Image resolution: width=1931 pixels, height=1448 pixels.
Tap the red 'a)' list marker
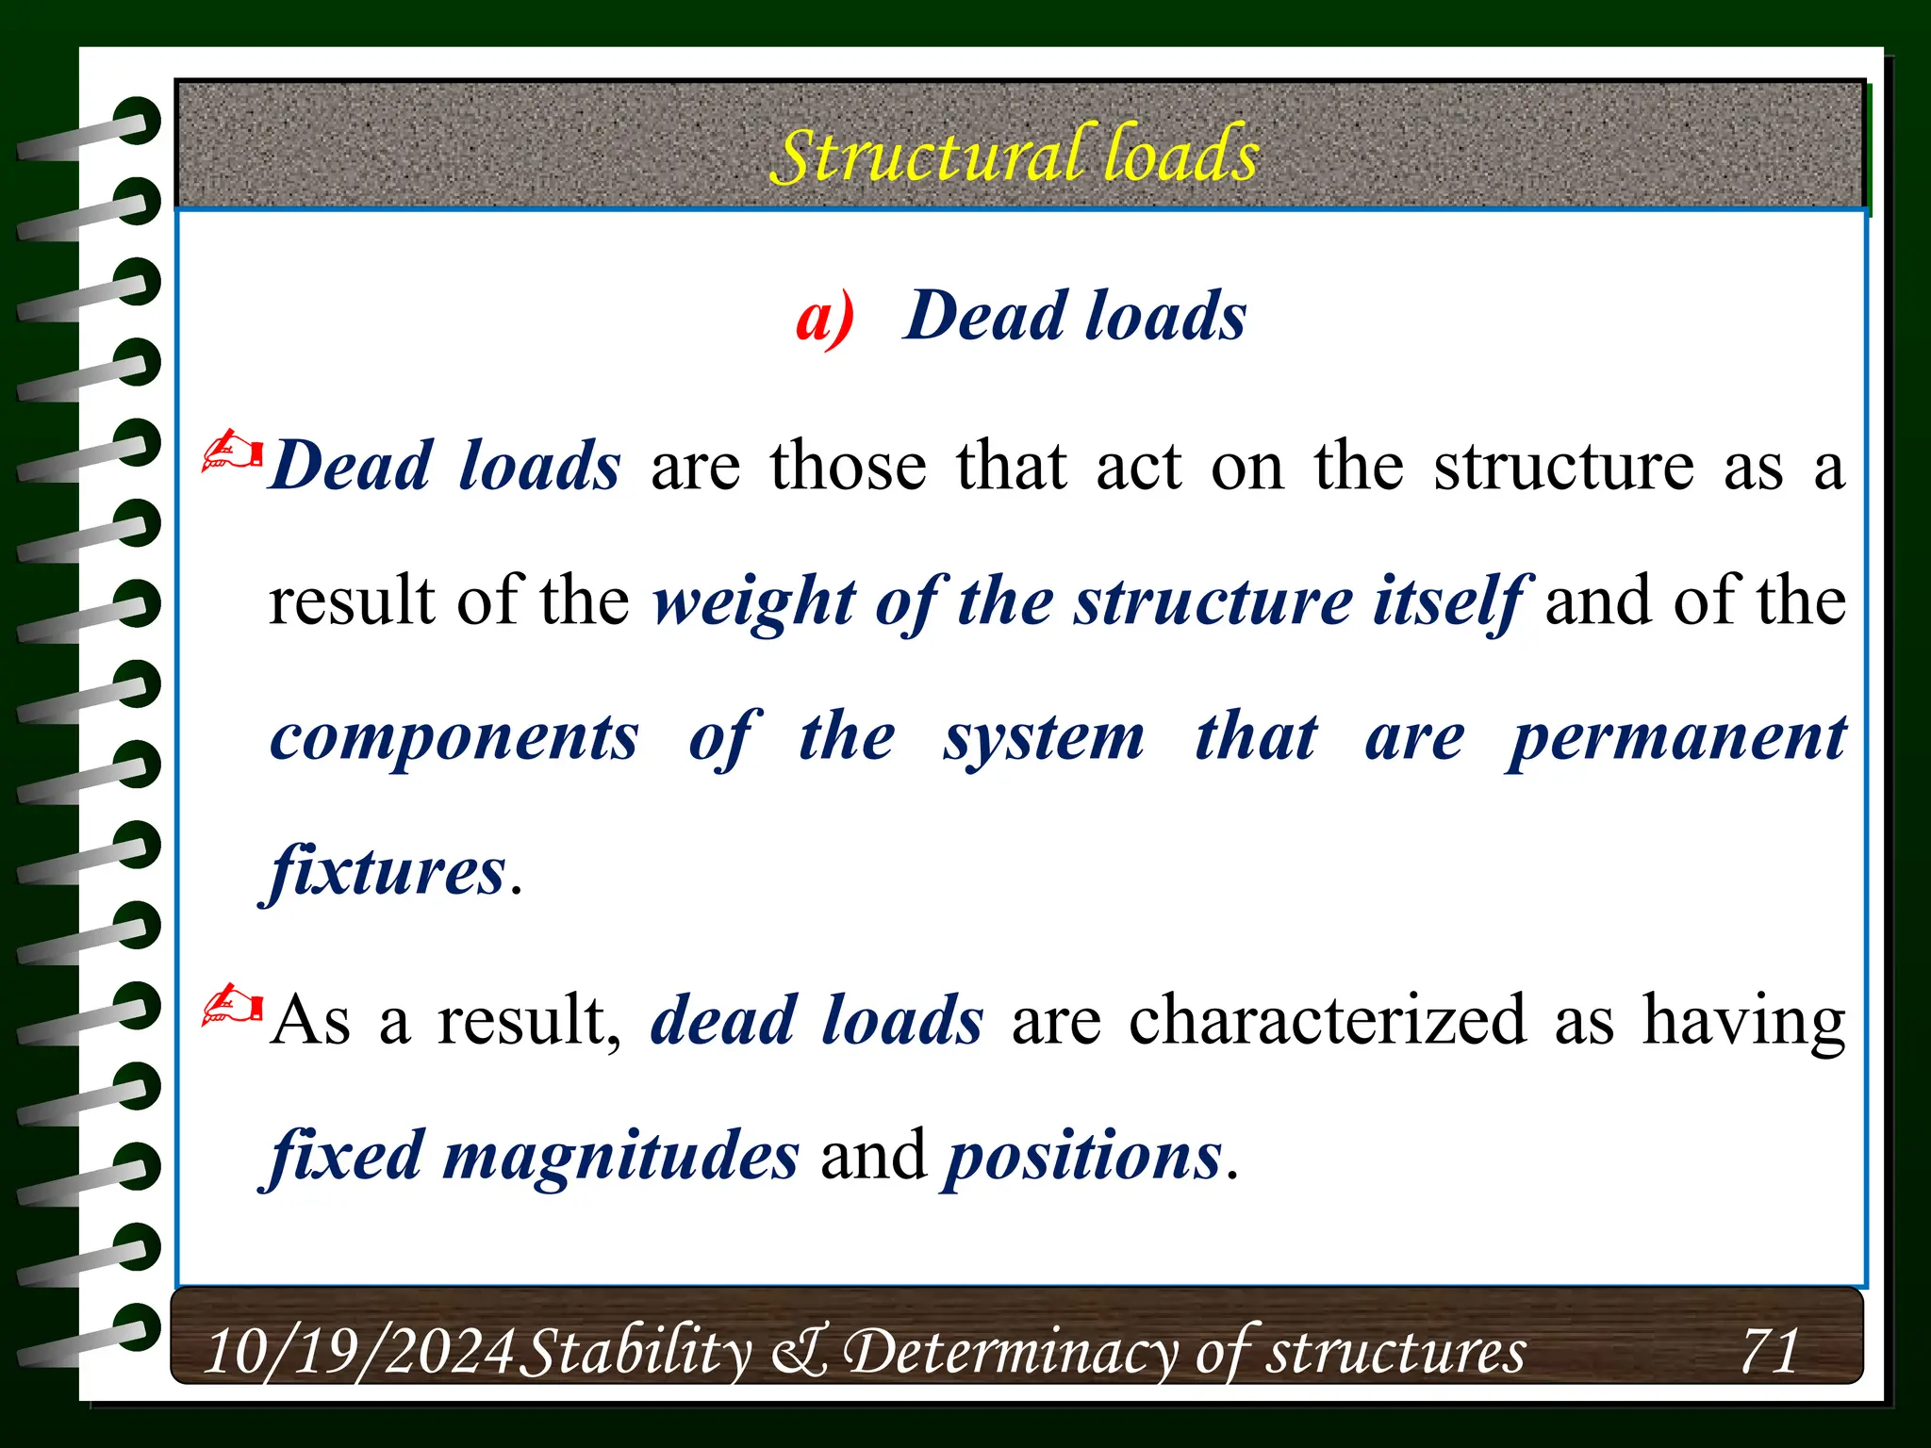[825, 317]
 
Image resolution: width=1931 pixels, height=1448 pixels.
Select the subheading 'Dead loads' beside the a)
[1075, 315]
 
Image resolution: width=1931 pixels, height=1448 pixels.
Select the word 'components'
[454, 738]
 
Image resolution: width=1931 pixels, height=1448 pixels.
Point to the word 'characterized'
[1328, 1020]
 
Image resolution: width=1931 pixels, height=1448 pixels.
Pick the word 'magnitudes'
[620, 1157]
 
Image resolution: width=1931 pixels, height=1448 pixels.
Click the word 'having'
[1743, 1020]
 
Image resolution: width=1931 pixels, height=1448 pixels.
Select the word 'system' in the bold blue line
[1044, 738]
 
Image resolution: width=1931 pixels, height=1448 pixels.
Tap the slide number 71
[1770, 1350]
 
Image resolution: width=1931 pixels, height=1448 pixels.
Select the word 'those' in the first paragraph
[848, 466]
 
